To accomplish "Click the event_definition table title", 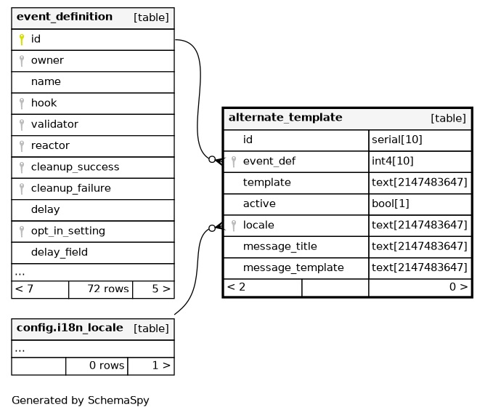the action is [65, 17].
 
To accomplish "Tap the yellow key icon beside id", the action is [22, 39].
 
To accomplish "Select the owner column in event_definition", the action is [47, 60].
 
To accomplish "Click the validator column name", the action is [54, 124].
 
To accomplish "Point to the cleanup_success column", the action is [76, 167].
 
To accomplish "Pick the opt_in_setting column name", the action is [68, 231].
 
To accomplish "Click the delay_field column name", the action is [60, 252].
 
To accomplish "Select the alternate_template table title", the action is [285, 117].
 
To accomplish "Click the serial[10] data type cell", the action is [397, 140].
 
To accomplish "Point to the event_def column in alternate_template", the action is [269, 161].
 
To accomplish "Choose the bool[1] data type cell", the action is [391, 204].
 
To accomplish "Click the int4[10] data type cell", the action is [393, 161].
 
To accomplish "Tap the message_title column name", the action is [280, 246].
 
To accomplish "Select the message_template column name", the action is [293, 267].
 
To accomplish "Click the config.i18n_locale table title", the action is [70, 328].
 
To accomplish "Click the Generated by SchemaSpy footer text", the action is [81, 400].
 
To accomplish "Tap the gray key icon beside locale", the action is [234, 225].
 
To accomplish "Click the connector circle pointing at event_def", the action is [212, 159].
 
